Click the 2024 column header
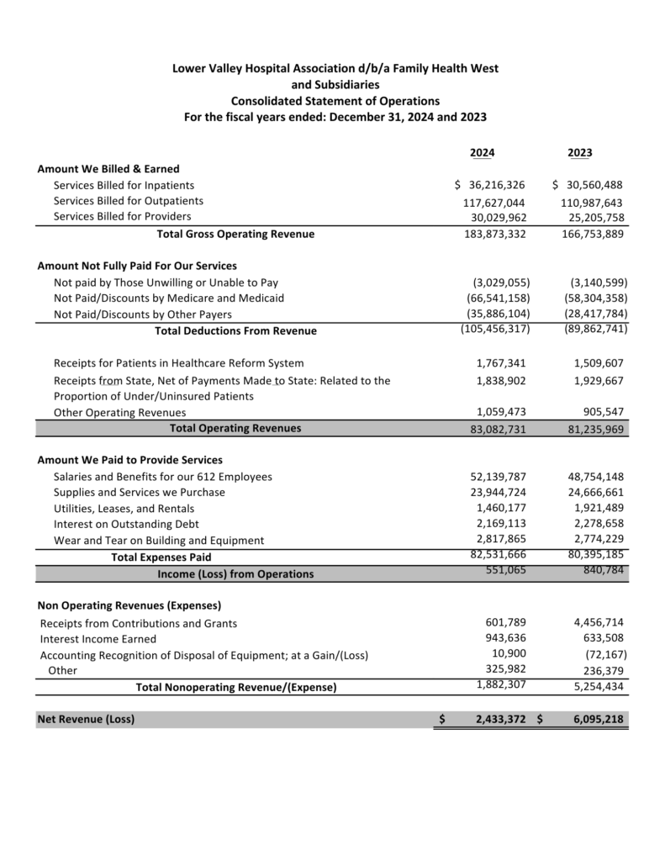[482, 152]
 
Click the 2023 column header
[579, 152]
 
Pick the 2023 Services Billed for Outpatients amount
[592, 203]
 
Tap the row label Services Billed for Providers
[122, 216]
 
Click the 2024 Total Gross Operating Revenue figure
[494, 234]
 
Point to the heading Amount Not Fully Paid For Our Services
[137, 266]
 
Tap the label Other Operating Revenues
[119, 413]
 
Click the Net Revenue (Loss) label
[86, 719]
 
